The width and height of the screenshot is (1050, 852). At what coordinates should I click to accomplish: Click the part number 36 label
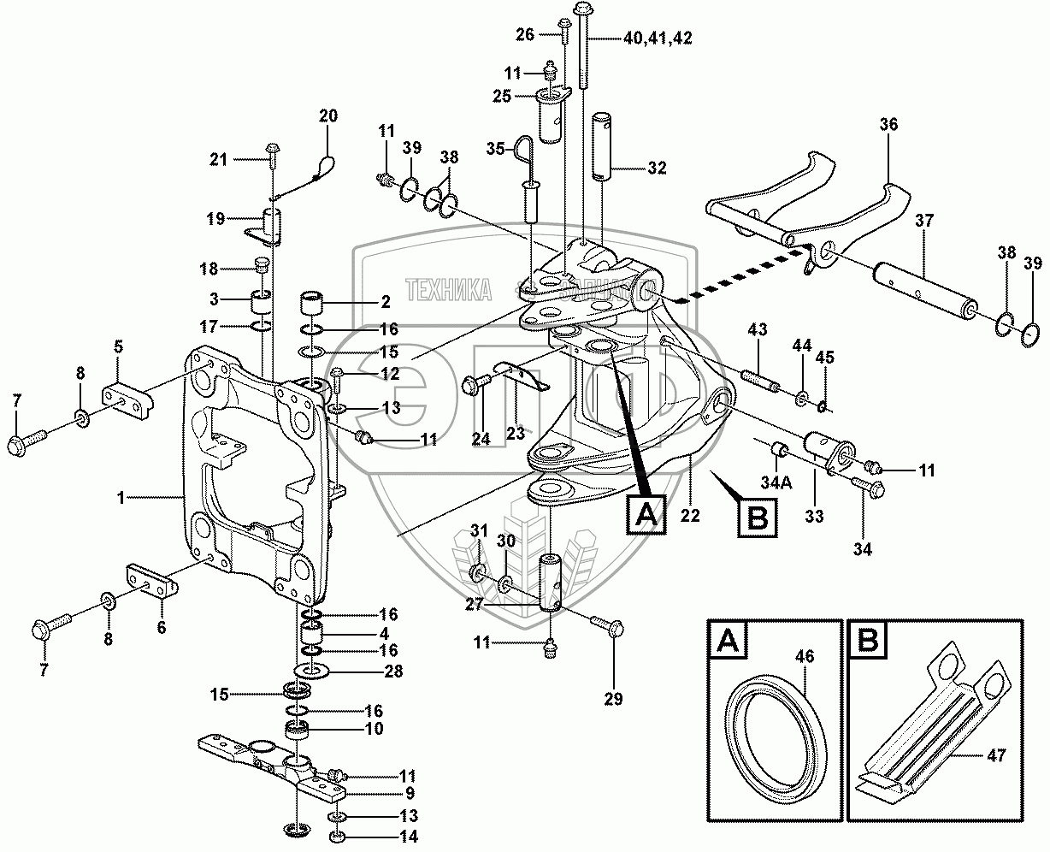888,125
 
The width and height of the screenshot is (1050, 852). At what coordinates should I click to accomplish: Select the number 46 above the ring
805,658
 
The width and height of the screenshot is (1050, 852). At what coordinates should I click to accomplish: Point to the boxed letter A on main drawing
646,515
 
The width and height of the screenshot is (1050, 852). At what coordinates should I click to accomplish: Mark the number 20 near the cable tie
328,115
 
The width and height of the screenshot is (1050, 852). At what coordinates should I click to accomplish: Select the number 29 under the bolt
614,699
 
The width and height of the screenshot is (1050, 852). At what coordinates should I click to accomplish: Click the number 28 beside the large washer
393,672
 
